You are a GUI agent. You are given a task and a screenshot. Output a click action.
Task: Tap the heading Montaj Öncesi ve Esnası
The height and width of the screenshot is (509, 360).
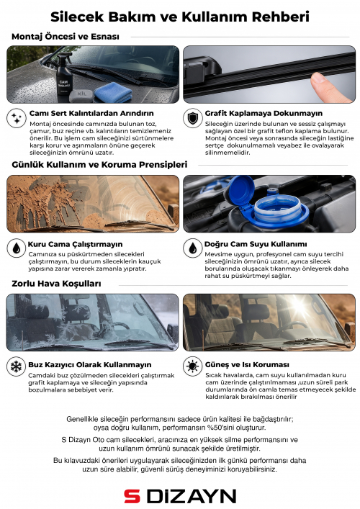coord(66,36)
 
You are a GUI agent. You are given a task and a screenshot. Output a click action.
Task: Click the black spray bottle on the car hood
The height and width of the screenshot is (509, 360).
coord(64,74)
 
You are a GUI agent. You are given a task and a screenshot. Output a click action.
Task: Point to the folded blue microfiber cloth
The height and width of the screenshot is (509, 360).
coord(112,93)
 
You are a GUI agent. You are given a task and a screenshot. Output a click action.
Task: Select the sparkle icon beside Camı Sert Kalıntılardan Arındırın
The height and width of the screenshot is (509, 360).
coord(17,118)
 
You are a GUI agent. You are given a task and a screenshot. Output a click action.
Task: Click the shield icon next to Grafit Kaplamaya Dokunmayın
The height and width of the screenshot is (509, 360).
coord(192,118)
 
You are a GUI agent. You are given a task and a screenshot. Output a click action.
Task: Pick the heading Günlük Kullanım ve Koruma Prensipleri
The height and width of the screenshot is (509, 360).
coord(99,165)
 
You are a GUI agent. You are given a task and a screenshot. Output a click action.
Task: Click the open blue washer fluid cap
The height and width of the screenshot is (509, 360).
coord(241,191)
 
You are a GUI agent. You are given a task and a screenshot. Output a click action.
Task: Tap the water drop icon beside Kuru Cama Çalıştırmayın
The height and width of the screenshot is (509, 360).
coord(17,248)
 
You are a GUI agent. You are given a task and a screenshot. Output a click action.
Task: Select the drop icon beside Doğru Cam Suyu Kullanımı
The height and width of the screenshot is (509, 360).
coord(192,248)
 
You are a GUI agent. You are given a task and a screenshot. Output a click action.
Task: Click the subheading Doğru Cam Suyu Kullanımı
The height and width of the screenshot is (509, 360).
coord(256,244)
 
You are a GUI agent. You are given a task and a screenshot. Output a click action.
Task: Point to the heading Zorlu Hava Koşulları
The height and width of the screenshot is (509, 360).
coord(56,284)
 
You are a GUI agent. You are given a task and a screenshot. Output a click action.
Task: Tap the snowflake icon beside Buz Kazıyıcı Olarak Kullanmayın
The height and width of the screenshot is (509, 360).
coord(17,366)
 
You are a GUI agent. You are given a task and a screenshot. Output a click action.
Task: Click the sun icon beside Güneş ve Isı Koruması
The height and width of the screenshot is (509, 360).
coord(192,366)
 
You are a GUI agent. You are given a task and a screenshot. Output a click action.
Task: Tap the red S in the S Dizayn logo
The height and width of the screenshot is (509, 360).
coord(132,497)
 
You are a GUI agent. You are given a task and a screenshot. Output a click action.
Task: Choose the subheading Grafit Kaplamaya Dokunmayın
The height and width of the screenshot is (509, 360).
coord(264,113)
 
